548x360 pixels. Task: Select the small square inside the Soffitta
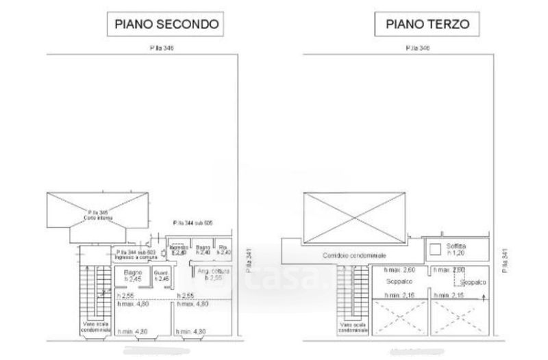(434, 248)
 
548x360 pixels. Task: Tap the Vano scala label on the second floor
(92, 327)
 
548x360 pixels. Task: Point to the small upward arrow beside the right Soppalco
(485, 296)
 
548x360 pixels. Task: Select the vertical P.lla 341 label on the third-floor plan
(504, 261)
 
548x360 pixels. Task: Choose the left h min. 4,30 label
(132, 333)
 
